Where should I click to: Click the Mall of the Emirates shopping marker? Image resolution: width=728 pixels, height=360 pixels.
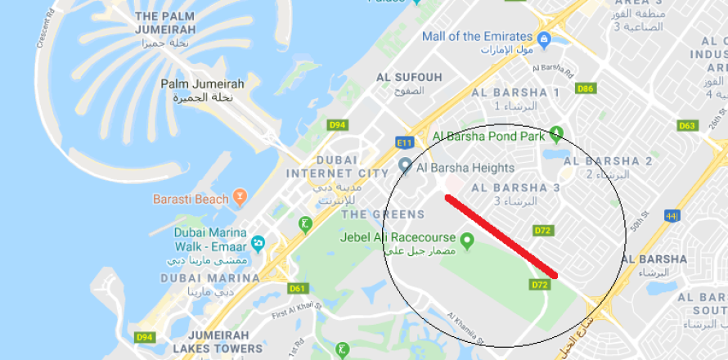click(543, 37)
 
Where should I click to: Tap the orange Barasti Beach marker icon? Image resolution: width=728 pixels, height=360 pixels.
click(240, 197)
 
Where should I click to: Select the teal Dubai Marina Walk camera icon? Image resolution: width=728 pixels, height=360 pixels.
click(258, 243)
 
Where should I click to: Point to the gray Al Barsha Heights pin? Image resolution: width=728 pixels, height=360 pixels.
click(404, 167)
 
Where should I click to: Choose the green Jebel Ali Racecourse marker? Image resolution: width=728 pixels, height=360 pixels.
click(467, 241)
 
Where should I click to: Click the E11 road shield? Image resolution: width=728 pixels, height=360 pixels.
click(404, 142)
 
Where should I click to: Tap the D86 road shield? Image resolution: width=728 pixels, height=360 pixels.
click(586, 88)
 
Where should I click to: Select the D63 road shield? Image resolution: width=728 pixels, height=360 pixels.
click(687, 125)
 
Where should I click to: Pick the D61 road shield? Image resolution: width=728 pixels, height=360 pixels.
click(298, 288)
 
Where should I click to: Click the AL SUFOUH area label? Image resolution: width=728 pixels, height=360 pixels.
click(409, 77)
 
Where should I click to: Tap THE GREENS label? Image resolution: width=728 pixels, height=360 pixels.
click(383, 214)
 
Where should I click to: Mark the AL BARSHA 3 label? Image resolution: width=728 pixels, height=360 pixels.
click(515, 187)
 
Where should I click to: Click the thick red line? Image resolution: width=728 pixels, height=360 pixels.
click(501, 235)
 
